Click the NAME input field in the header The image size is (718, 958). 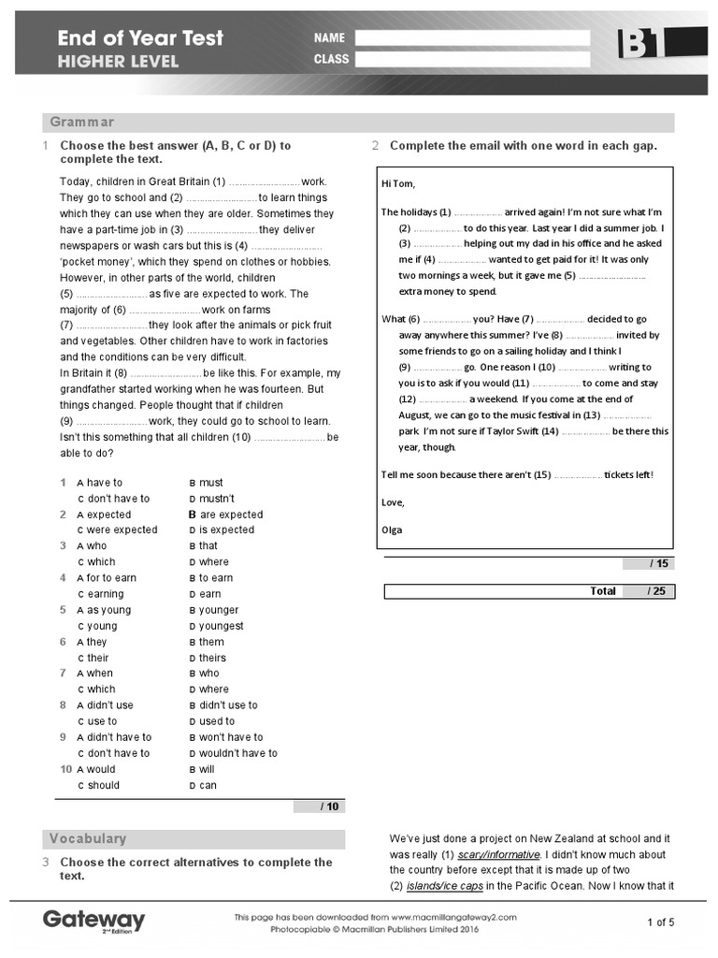(x=472, y=38)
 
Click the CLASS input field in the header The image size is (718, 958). (x=472, y=59)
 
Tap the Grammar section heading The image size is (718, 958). (x=82, y=123)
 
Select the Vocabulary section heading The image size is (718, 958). (x=88, y=839)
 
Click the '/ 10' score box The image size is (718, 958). (x=319, y=806)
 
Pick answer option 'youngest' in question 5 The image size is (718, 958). (x=222, y=626)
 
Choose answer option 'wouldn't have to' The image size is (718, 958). (x=238, y=753)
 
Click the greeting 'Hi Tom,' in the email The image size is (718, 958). (x=398, y=183)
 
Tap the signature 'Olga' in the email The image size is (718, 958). (x=392, y=530)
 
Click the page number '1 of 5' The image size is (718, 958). (x=660, y=922)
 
